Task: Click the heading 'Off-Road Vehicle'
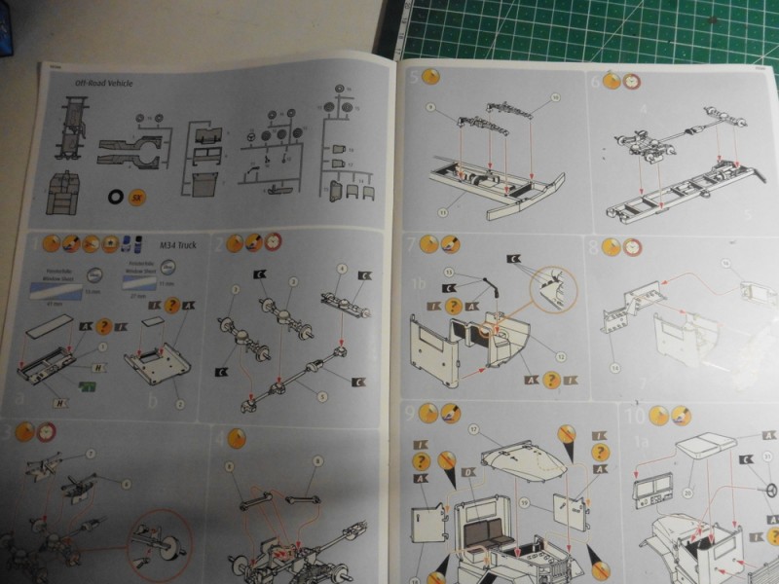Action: pos(104,84)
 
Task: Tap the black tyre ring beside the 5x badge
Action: pos(118,198)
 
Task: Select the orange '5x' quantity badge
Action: pos(139,198)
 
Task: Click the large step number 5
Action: pos(414,79)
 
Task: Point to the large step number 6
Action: pos(596,82)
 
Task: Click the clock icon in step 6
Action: pos(632,82)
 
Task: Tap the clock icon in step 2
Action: pos(274,241)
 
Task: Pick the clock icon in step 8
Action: pos(631,247)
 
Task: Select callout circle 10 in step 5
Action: pos(556,97)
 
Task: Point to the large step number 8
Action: pos(594,247)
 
